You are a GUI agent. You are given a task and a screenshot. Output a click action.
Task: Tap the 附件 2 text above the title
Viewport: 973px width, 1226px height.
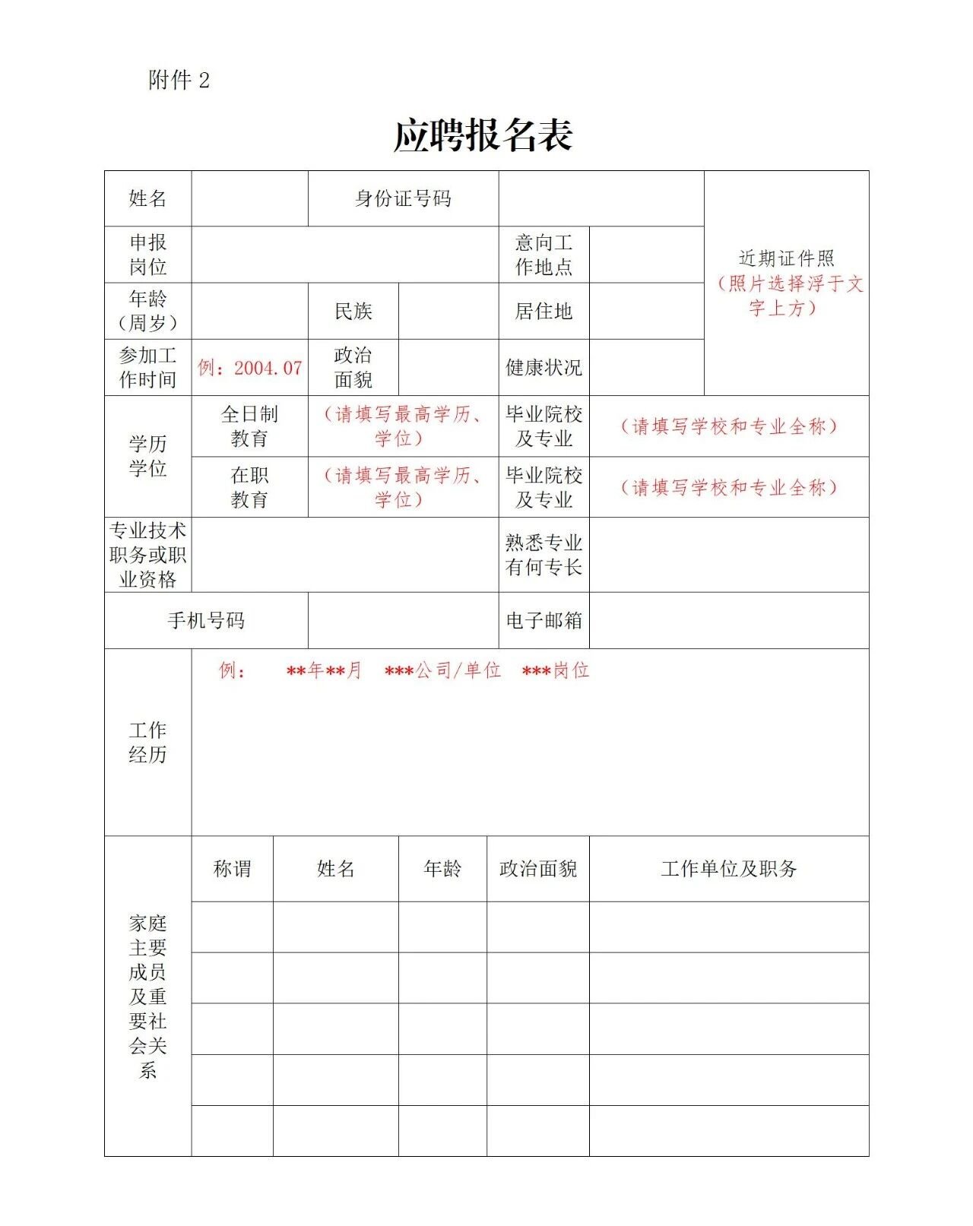click(x=179, y=80)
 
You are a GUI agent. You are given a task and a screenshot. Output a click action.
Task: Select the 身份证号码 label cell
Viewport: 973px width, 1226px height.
click(x=403, y=199)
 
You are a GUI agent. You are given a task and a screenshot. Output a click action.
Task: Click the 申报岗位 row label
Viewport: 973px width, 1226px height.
click(x=147, y=255)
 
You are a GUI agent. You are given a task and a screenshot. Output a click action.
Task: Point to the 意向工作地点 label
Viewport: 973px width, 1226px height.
click(x=544, y=255)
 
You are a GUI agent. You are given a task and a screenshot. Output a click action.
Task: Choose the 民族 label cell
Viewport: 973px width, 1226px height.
click(x=353, y=311)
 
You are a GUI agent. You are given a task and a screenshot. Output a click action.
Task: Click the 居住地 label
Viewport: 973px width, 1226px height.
click(x=544, y=311)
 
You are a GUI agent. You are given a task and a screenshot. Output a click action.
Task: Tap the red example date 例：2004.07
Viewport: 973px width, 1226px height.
click(x=250, y=368)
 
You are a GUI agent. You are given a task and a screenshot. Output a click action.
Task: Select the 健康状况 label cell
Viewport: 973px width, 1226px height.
click(x=544, y=368)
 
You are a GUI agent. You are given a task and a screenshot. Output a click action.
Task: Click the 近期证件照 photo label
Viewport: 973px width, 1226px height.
click(x=787, y=259)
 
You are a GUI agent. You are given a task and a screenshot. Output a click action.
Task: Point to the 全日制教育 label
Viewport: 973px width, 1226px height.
click(x=249, y=426)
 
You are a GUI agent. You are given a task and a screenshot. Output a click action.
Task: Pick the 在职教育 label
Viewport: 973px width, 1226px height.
click(x=249, y=487)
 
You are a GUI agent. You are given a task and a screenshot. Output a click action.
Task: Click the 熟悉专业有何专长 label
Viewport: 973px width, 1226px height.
click(x=544, y=555)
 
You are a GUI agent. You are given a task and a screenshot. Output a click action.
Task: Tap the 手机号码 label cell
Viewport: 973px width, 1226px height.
click(x=206, y=621)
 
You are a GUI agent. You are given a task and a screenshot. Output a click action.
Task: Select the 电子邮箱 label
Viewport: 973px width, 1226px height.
click(x=544, y=621)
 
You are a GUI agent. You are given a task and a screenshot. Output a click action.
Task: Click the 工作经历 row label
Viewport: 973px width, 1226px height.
click(x=147, y=743)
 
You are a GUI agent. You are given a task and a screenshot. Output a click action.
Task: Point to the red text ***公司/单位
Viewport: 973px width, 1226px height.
click(x=442, y=670)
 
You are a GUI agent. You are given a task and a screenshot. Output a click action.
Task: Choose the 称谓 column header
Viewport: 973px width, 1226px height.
click(x=232, y=869)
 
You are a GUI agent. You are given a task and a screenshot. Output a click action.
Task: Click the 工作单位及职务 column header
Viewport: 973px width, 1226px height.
click(x=729, y=869)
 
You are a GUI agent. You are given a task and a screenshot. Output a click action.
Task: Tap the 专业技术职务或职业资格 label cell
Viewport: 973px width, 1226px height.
click(x=147, y=555)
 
